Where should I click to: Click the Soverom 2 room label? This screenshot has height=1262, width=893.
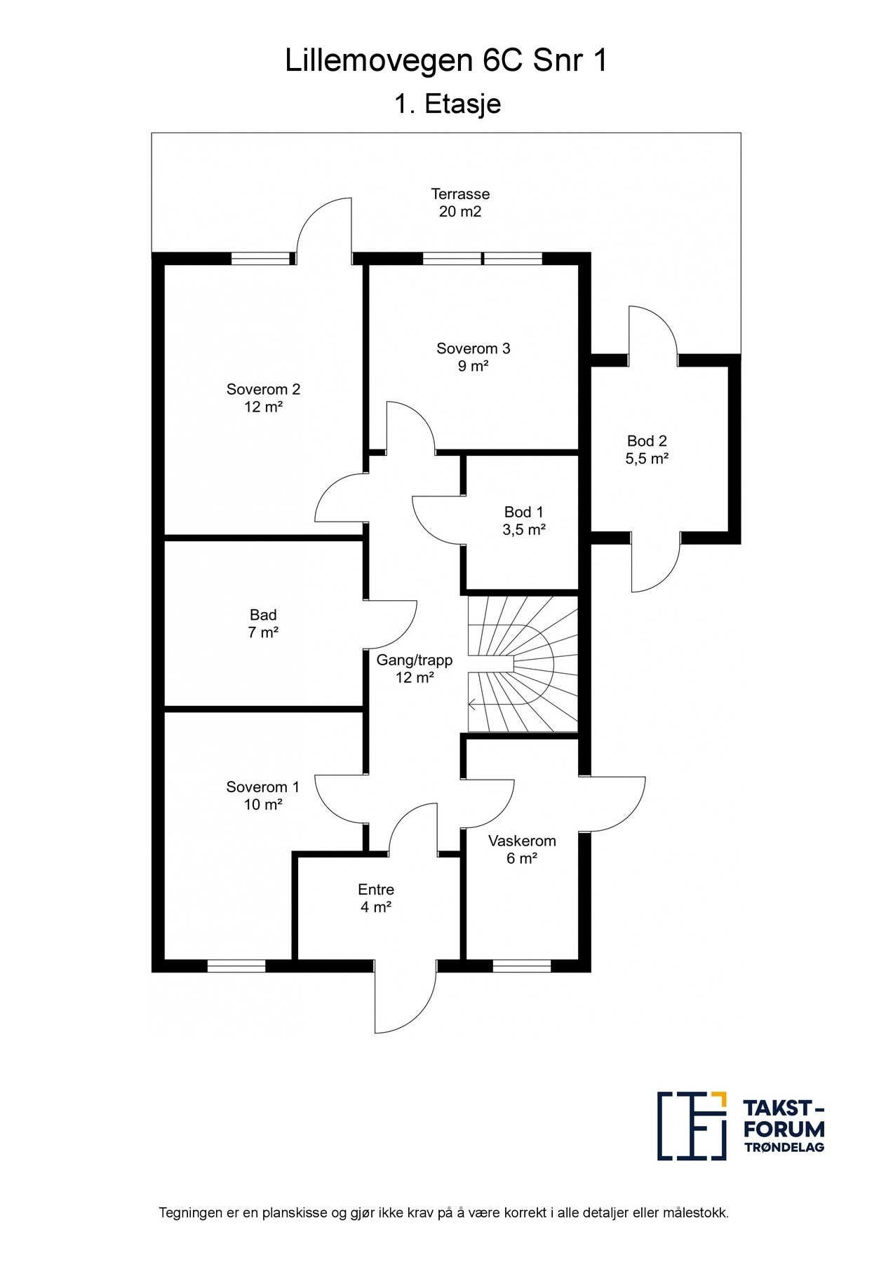(x=263, y=398)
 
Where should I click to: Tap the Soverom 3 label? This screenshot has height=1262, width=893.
(x=474, y=357)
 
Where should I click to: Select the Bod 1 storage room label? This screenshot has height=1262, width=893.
(x=524, y=521)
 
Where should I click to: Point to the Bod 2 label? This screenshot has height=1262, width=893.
(x=647, y=449)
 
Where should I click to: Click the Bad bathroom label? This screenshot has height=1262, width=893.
(x=263, y=623)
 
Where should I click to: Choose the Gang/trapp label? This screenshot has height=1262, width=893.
(x=415, y=669)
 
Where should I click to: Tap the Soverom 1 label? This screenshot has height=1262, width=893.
(x=263, y=796)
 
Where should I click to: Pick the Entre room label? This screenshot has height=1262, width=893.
(x=376, y=898)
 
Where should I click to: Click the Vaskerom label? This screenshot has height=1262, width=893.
(x=522, y=849)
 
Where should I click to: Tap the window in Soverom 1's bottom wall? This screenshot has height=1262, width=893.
(x=237, y=966)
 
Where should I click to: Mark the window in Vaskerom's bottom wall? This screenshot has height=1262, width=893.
(x=522, y=966)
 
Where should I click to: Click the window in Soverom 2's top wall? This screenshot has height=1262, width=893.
(x=260, y=258)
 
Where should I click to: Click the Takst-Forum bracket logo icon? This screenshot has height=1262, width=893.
(x=692, y=1135)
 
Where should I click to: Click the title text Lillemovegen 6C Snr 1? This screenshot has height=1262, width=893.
(x=446, y=62)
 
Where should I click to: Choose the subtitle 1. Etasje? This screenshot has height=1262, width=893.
(x=447, y=104)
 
